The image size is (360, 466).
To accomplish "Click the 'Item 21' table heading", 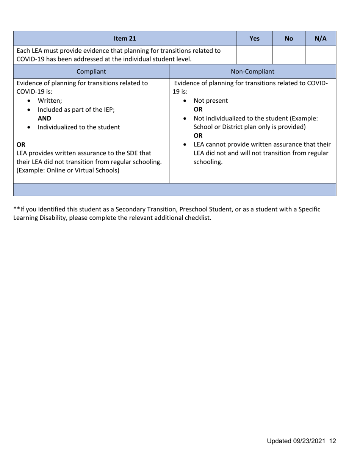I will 125,38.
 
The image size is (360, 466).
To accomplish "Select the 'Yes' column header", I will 255,38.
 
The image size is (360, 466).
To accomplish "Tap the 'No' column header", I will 289,38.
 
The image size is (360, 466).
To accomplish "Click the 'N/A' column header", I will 321,38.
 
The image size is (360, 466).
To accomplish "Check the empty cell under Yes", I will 255,55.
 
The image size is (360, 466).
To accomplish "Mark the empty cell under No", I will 289,55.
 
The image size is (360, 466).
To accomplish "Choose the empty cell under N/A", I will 321,55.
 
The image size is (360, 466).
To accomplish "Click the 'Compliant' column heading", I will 91,71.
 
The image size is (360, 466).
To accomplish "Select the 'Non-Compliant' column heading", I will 252,71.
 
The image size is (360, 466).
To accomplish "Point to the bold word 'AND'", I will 44,118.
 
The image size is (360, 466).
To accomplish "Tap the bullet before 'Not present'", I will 185,101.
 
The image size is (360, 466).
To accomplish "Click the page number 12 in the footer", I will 333,441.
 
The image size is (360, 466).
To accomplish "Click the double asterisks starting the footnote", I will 16,209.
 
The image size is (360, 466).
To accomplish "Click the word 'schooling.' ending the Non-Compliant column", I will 208,162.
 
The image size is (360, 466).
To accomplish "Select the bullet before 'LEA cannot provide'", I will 185,145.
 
